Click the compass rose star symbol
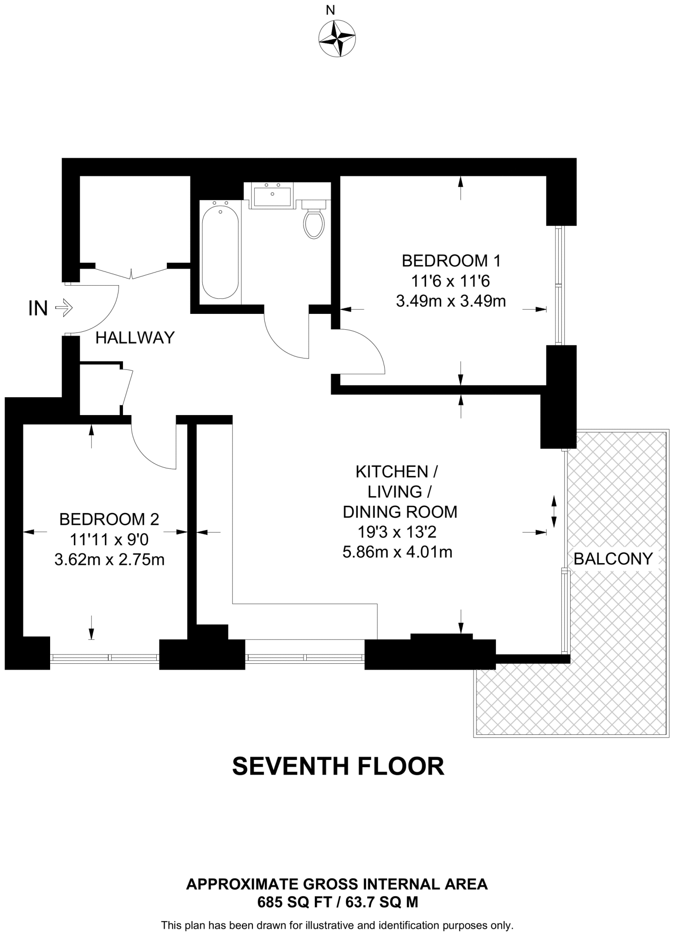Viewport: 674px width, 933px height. [x=337, y=39]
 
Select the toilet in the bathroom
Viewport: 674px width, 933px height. [x=314, y=222]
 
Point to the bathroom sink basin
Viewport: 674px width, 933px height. [x=272, y=196]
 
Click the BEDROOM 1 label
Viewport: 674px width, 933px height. [x=451, y=261]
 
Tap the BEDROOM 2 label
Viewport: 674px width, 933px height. [x=109, y=519]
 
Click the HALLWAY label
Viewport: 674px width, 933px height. [x=135, y=338]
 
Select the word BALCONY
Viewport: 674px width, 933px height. [x=613, y=559]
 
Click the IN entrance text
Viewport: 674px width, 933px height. [x=38, y=308]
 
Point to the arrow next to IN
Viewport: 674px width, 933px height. [x=64, y=308]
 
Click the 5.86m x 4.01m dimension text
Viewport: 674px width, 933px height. [x=397, y=552]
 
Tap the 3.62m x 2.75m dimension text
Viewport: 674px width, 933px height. [x=109, y=559]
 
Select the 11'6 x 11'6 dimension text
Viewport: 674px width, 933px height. [x=450, y=281]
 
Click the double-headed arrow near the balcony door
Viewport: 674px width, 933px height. [x=554, y=512]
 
